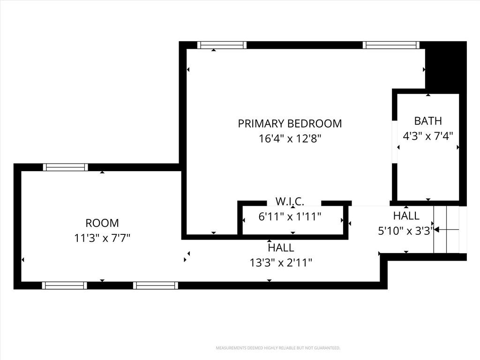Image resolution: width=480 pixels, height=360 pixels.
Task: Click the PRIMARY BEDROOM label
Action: coord(290,123)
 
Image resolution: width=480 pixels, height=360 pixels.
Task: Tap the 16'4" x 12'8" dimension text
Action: coord(290,139)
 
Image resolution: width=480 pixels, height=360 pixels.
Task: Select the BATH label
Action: coord(428,121)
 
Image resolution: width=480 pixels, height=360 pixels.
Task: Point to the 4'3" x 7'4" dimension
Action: coord(428,135)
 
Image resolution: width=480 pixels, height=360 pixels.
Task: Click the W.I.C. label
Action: coord(290,202)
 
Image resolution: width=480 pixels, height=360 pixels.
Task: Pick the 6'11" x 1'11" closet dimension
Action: coord(290,217)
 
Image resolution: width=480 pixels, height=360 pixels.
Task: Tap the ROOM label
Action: coord(102,223)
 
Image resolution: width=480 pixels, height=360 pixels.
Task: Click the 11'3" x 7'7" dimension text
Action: coord(102,238)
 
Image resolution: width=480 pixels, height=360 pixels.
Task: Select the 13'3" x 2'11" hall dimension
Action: coord(281,262)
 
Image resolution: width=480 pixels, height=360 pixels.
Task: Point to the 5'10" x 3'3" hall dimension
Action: coord(406,231)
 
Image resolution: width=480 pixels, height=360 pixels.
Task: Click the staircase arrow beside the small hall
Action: coord(447,229)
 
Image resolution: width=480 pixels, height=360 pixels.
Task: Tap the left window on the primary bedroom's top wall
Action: coord(222,45)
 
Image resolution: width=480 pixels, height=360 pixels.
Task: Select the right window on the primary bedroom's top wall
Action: coord(391,45)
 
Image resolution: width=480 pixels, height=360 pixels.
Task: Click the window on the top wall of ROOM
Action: coord(66,167)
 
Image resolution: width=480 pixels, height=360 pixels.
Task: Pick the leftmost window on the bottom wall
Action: coord(64,285)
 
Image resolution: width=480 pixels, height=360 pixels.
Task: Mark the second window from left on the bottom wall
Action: coord(156,285)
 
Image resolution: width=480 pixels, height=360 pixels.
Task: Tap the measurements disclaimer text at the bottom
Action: coord(278,348)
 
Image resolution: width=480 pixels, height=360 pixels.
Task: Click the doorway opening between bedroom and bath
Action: coord(395,142)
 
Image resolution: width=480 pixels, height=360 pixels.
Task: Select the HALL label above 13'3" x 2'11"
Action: coord(281,247)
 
